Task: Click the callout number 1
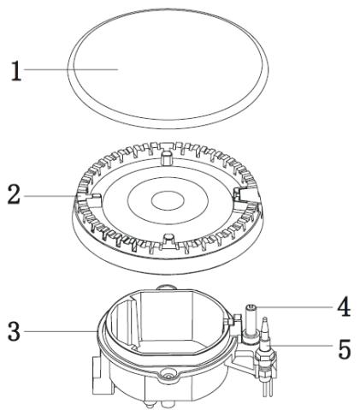point(16,71)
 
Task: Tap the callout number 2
point(14,194)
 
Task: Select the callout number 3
point(14,331)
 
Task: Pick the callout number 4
point(344,306)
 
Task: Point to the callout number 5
point(345,349)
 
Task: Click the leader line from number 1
point(71,69)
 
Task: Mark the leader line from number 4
point(294,307)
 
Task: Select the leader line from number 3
point(61,331)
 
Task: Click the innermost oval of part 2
point(168,201)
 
